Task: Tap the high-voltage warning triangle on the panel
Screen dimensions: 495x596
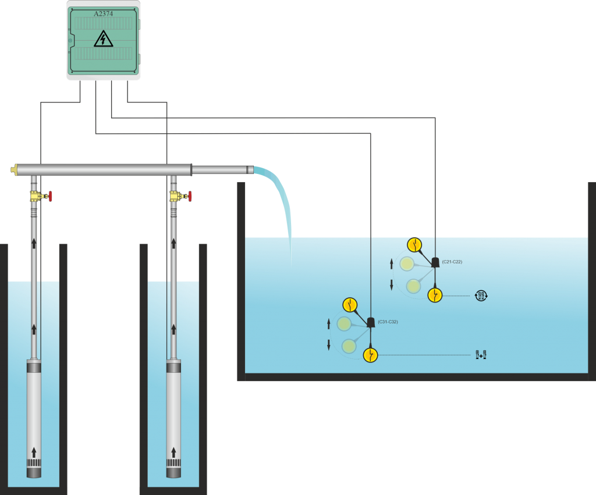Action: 104,40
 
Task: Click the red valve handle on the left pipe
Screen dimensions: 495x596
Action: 51,197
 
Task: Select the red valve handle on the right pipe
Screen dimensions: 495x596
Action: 190,197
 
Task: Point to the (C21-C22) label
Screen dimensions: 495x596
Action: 452,262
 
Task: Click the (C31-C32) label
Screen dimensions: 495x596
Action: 387,322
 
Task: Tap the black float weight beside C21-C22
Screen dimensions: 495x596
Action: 435,263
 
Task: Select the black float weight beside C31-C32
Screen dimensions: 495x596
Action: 370,322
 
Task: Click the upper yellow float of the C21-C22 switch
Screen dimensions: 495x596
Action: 414,244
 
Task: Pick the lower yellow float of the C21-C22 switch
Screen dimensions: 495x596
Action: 435,295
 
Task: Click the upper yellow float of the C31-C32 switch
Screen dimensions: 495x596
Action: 350,304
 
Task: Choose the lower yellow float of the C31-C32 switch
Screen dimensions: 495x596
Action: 370,355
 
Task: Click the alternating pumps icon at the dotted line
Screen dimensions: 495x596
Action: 481,295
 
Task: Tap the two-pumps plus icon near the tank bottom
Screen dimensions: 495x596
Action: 481,354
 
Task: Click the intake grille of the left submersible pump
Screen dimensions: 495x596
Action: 34,463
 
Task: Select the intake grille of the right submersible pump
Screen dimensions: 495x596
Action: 173,463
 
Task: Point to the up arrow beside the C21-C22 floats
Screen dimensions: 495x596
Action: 391,264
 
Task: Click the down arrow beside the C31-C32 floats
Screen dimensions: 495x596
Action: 329,344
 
